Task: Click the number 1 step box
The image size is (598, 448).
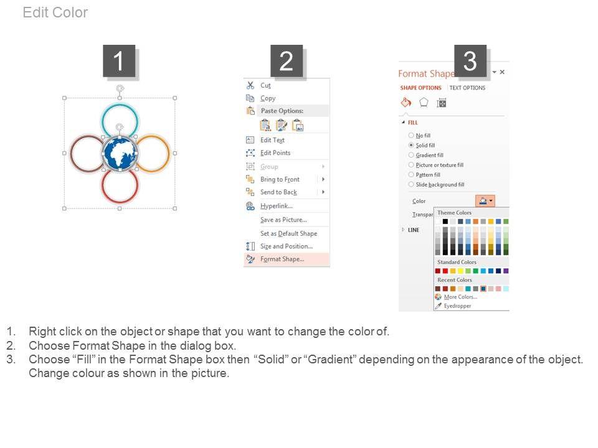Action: (x=119, y=61)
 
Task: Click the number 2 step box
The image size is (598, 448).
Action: (x=287, y=61)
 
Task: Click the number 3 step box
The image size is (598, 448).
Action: (x=470, y=61)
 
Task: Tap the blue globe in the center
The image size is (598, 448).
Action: (x=120, y=153)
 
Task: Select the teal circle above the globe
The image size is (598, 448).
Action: (x=120, y=105)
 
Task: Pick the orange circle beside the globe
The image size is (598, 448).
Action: (x=169, y=154)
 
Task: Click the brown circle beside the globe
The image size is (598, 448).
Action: (x=71, y=154)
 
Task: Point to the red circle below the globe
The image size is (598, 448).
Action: (x=120, y=202)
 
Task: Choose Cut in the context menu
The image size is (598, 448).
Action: (x=265, y=85)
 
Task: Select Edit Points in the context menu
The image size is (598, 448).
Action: (x=275, y=153)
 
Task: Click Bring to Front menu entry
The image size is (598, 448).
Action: (x=280, y=179)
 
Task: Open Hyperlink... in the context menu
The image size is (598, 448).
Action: (x=277, y=206)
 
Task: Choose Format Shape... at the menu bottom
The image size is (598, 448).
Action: (x=282, y=259)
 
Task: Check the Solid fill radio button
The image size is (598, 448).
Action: (x=411, y=145)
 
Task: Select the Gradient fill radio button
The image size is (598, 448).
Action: (x=411, y=155)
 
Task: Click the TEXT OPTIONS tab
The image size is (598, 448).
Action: (x=467, y=88)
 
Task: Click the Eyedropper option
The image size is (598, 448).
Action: (x=457, y=306)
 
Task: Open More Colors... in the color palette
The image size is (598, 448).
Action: (x=460, y=297)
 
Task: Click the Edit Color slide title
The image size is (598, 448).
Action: (x=55, y=12)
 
